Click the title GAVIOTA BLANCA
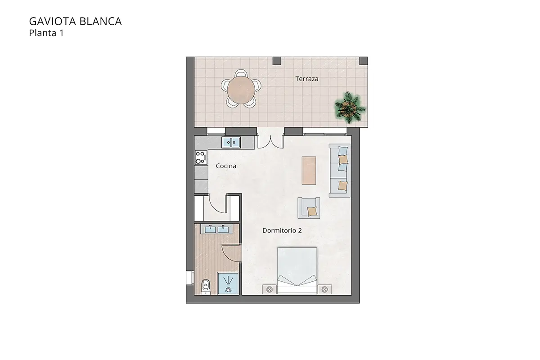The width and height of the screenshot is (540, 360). [75, 21]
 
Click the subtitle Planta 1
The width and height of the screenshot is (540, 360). [46, 32]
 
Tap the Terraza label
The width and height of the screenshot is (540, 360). [307, 79]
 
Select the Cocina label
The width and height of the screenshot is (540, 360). [226, 166]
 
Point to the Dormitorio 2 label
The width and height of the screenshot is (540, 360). [282, 230]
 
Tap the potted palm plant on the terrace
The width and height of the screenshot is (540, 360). [350, 107]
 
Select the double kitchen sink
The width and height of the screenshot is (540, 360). [232, 143]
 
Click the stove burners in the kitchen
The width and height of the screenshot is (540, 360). [200, 157]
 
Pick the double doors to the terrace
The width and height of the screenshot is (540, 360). [270, 141]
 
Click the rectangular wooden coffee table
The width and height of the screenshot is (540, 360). [309, 170]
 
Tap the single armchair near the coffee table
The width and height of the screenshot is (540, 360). [309, 208]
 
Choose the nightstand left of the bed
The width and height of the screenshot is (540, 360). [270, 290]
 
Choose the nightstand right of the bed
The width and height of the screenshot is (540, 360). [324, 290]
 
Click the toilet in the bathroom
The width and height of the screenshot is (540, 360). [206, 286]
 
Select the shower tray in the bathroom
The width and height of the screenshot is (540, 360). [229, 283]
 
